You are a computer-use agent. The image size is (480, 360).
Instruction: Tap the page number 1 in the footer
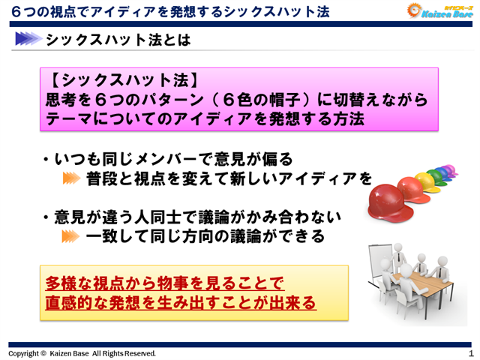pyautogui.click(x=470, y=352)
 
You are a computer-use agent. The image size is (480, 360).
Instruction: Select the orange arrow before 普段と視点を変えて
pyautogui.click(x=70, y=178)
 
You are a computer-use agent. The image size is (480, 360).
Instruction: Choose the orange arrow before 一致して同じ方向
pyautogui.click(x=70, y=237)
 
